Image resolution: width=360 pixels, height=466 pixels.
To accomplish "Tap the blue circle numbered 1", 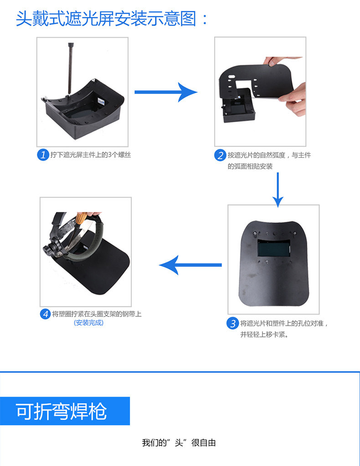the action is click(42, 155).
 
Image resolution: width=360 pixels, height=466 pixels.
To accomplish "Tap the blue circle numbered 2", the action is click(220, 155).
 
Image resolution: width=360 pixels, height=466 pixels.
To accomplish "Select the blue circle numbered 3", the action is click(232, 324).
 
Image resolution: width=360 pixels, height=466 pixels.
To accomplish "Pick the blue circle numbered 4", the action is click(45, 314).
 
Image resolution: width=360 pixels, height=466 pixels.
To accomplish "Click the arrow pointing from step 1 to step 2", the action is click(166, 92).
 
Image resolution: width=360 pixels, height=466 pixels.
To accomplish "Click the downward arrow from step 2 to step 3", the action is click(278, 189).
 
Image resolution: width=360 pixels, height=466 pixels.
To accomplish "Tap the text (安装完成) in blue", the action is click(89, 323).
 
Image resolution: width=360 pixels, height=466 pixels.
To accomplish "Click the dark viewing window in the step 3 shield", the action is click(274, 248).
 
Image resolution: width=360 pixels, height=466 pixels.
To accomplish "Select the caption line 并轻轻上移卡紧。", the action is click(264, 335).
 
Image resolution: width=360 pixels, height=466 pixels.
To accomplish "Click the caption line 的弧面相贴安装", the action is click(250, 166).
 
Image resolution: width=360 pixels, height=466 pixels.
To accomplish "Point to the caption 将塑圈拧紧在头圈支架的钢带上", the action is click(97, 314).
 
